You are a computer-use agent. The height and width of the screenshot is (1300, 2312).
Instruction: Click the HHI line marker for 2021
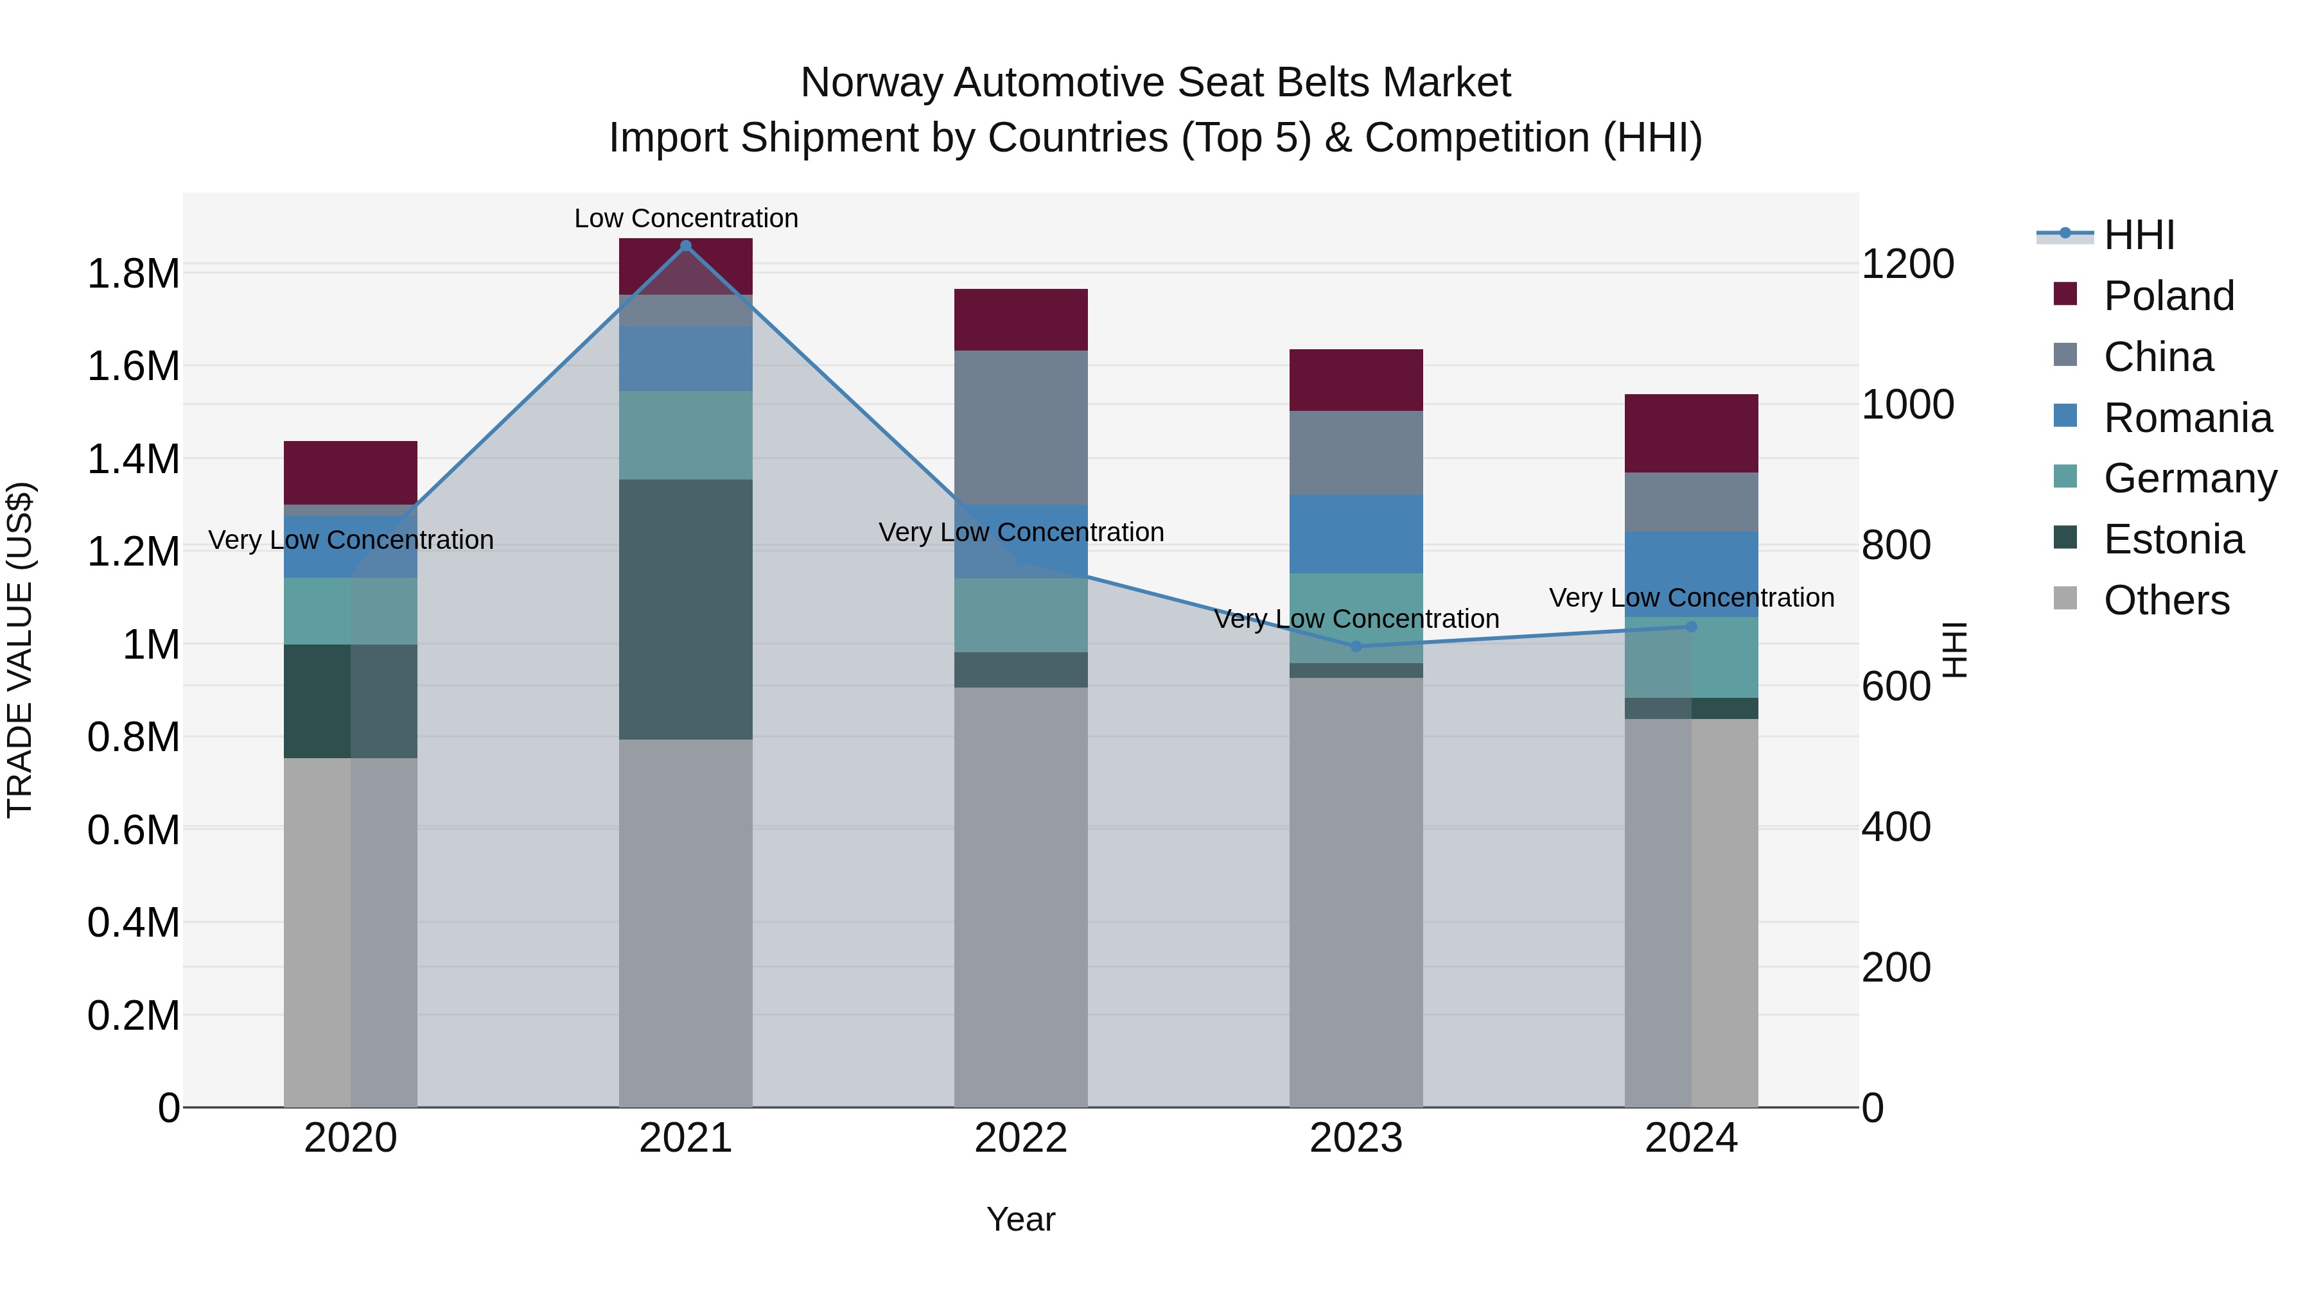click(x=686, y=246)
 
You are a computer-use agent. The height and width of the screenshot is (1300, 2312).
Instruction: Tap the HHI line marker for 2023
click(x=1356, y=646)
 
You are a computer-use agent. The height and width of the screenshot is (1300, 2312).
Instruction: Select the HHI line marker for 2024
click(x=1691, y=626)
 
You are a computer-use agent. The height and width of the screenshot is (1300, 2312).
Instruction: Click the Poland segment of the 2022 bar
click(x=1020, y=320)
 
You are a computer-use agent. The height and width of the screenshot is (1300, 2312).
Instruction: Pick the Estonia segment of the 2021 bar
click(x=686, y=609)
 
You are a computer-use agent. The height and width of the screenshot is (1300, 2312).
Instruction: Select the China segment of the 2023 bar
click(x=1356, y=453)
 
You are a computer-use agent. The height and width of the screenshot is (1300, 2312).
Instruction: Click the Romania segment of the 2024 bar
click(x=1691, y=574)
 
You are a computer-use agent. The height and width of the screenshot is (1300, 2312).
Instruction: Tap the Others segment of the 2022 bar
click(x=1020, y=897)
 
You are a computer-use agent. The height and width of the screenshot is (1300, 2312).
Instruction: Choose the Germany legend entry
click(x=2189, y=478)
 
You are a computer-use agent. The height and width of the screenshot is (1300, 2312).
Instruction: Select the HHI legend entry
click(x=2138, y=235)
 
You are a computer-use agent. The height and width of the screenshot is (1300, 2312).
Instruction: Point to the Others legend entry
click(x=2166, y=600)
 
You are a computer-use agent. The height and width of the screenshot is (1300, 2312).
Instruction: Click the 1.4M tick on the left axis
click(x=133, y=460)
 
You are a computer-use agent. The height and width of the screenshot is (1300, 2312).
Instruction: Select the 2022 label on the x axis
click(x=1020, y=1138)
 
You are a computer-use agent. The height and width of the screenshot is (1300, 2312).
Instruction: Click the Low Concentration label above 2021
click(x=686, y=218)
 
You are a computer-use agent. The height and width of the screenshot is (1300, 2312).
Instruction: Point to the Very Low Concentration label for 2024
click(x=1691, y=598)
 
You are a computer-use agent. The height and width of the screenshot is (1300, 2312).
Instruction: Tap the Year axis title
click(x=1020, y=1219)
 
